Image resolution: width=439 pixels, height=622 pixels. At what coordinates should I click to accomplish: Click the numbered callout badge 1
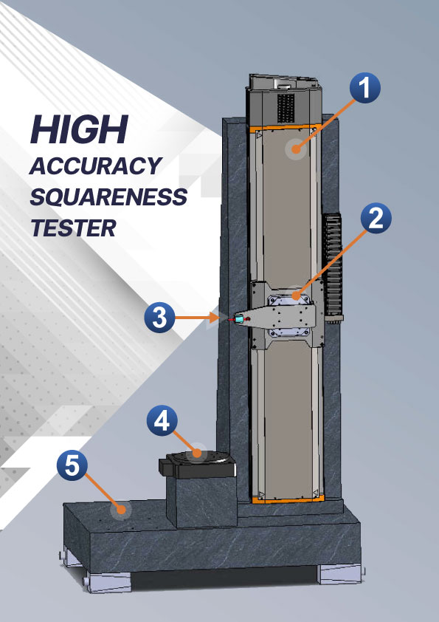pyautogui.click(x=365, y=88)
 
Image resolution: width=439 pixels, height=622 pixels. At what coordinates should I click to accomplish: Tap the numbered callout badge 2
pyautogui.click(x=376, y=219)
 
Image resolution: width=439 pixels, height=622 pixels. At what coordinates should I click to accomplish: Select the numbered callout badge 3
pyautogui.click(x=159, y=318)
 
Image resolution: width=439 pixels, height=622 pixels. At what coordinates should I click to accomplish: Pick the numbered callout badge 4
pyautogui.click(x=162, y=420)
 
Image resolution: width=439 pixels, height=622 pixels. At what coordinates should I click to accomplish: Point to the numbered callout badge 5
pyautogui.click(x=72, y=465)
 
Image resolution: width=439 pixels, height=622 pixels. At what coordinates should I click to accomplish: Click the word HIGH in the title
pyautogui.click(x=79, y=129)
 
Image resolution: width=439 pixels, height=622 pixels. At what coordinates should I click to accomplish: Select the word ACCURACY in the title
pyautogui.click(x=95, y=165)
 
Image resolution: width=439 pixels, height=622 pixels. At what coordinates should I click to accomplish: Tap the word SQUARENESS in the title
pyautogui.click(x=108, y=196)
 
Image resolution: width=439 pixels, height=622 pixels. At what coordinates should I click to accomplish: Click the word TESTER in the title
pyautogui.click(x=73, y=228)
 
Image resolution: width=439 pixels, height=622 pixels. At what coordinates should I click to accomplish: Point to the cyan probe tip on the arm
pyautogui.click(x=239, y=318)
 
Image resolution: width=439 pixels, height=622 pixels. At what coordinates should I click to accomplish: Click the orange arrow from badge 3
pyautogui.click(x=197, y=318)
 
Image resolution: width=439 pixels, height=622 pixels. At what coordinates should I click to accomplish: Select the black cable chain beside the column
pyautogui.click(x=332, y=264)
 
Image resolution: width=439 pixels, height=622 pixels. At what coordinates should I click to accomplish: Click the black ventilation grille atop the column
pyautogui.click(x=286, y=108)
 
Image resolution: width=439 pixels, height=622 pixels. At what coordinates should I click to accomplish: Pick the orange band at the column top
pyautogui.click(x=283, y=127)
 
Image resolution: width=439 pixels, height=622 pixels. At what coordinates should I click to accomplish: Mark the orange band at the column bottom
pyautogui.click(x=288, y=498)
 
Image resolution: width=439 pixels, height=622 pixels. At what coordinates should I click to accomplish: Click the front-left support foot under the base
pyautogui.click(x=108, y=581)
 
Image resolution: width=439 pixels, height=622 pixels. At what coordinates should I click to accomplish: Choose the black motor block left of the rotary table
pyautogui.click(x=168, y=466)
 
